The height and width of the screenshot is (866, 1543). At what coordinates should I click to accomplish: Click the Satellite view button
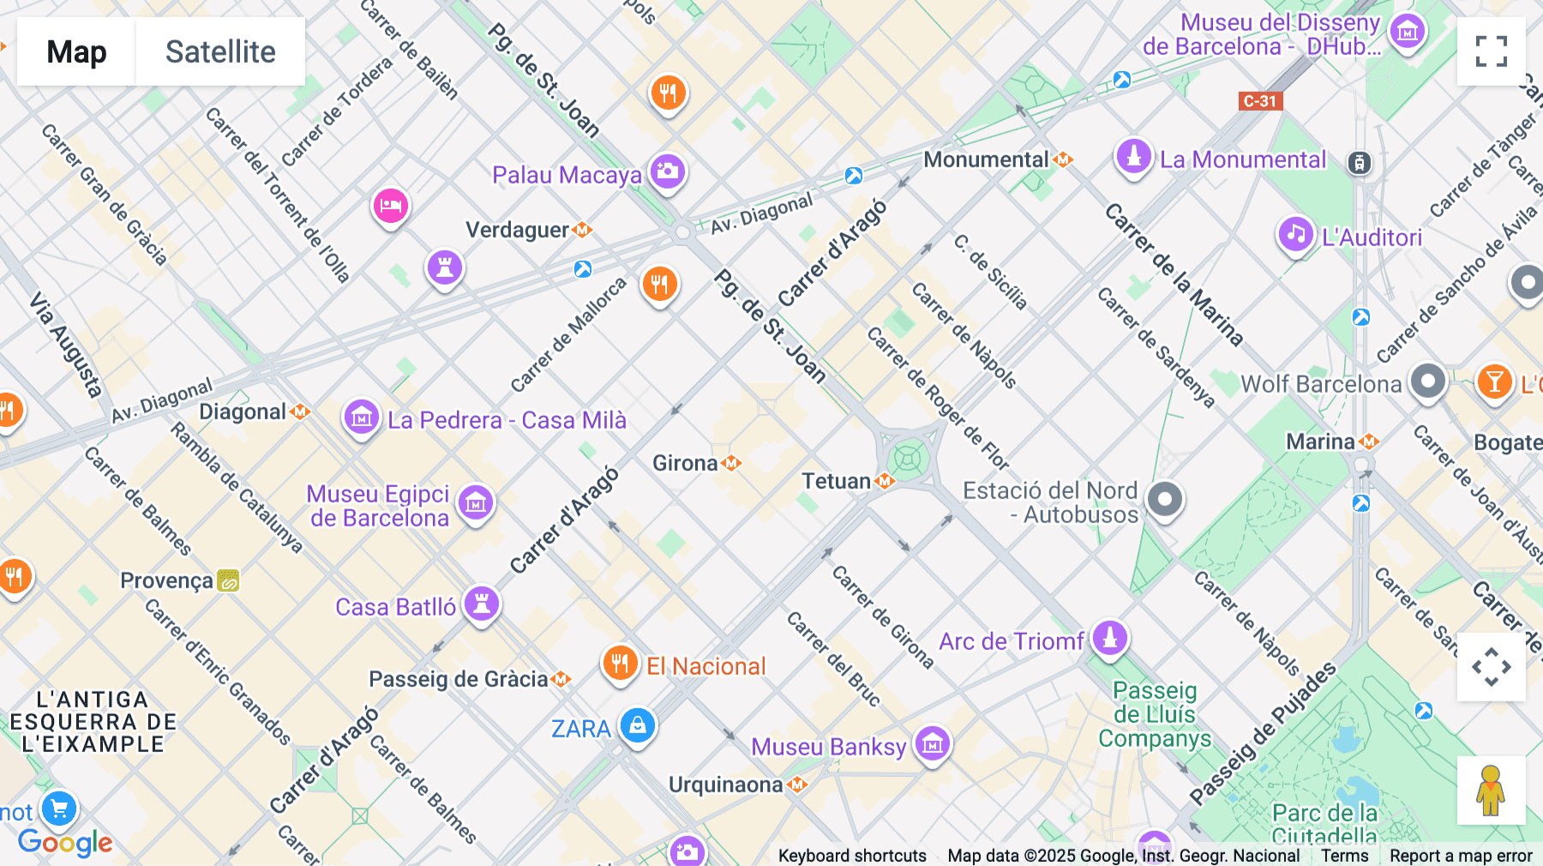[220, 51]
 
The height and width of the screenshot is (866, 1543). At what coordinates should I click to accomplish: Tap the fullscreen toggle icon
[1491, 51]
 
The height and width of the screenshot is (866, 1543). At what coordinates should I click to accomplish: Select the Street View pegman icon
[1491, 790]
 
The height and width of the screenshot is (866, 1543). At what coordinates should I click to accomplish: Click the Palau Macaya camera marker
[668, 171]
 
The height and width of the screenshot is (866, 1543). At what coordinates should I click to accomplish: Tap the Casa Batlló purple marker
[482, 604]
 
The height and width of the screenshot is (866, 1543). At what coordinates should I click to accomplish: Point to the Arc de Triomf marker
[1109, 638]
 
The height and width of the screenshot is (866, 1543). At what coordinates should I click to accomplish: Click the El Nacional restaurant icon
[620, 663]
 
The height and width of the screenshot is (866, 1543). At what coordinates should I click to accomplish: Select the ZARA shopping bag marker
[637, 725]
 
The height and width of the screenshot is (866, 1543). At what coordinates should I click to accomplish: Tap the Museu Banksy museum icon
[933, 743]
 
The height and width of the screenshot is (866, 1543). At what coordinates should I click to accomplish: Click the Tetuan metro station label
[837, 481]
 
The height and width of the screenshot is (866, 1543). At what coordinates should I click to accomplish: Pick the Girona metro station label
[685, 463]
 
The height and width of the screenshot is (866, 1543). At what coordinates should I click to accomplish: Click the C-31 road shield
[1260, 101]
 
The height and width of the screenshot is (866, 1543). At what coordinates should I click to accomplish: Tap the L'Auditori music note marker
[1296, 234]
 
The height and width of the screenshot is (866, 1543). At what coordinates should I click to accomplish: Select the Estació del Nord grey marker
[1164, 499]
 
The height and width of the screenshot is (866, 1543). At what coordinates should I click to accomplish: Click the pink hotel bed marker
[391, 206]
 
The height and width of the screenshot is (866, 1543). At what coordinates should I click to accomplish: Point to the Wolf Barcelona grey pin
[1427, 381]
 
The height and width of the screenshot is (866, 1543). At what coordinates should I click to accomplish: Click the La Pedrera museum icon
[362, 418]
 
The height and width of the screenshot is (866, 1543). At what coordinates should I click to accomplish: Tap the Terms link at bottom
[1344, 855]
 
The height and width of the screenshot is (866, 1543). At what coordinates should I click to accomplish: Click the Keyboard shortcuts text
[852, 855]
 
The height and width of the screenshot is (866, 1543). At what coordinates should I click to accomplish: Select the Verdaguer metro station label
[517, 230]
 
